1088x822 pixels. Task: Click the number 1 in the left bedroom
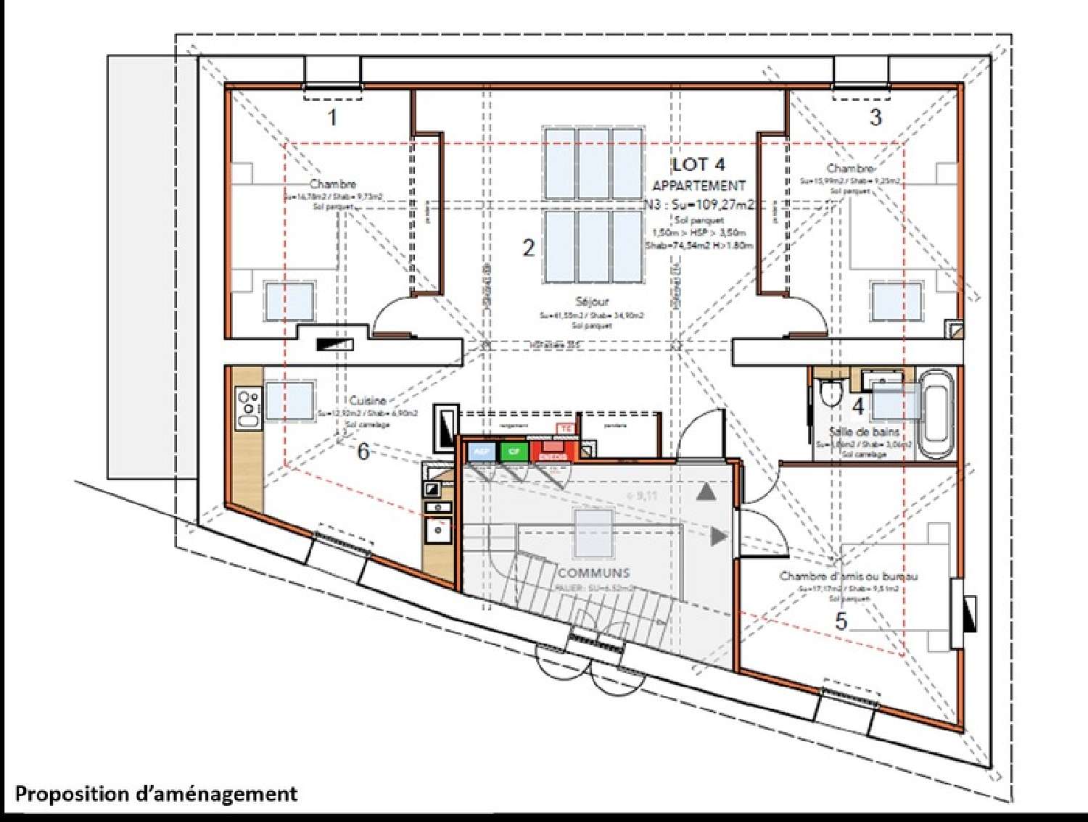tap(332, 117)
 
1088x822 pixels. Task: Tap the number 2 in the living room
tap(529, 248)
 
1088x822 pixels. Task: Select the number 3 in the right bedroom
tap(875, 117)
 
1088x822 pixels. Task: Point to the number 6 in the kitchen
tap(363, 452)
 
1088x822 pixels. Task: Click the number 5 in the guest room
tap(841, 621)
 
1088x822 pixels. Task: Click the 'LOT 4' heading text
tap(698, 165)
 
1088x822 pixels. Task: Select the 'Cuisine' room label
tap(367, 401)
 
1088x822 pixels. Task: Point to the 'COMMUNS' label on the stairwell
tap(593, 573)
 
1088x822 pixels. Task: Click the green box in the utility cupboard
tap(514, 451)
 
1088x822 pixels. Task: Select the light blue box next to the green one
tap(480, 451)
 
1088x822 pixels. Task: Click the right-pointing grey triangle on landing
tap(718, 537)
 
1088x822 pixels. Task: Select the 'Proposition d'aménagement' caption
tap(156, 793)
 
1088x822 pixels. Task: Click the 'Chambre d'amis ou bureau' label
tap(849, 576)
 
